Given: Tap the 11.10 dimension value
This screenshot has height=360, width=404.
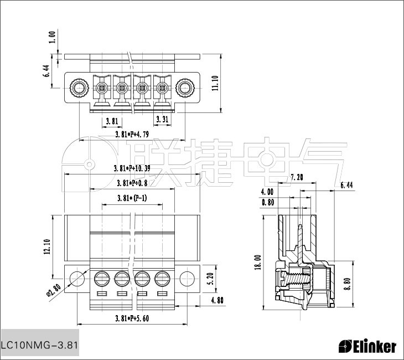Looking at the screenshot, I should (215, 83).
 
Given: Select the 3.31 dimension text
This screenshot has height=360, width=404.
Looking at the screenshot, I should (162, 119).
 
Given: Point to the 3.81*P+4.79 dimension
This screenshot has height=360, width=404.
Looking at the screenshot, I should (132, 135).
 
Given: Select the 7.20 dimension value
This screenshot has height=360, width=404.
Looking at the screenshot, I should (297, 178).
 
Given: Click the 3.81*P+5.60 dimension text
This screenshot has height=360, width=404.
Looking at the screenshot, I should (132, 318).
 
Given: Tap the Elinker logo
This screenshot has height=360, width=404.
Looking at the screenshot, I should (367, 347).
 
